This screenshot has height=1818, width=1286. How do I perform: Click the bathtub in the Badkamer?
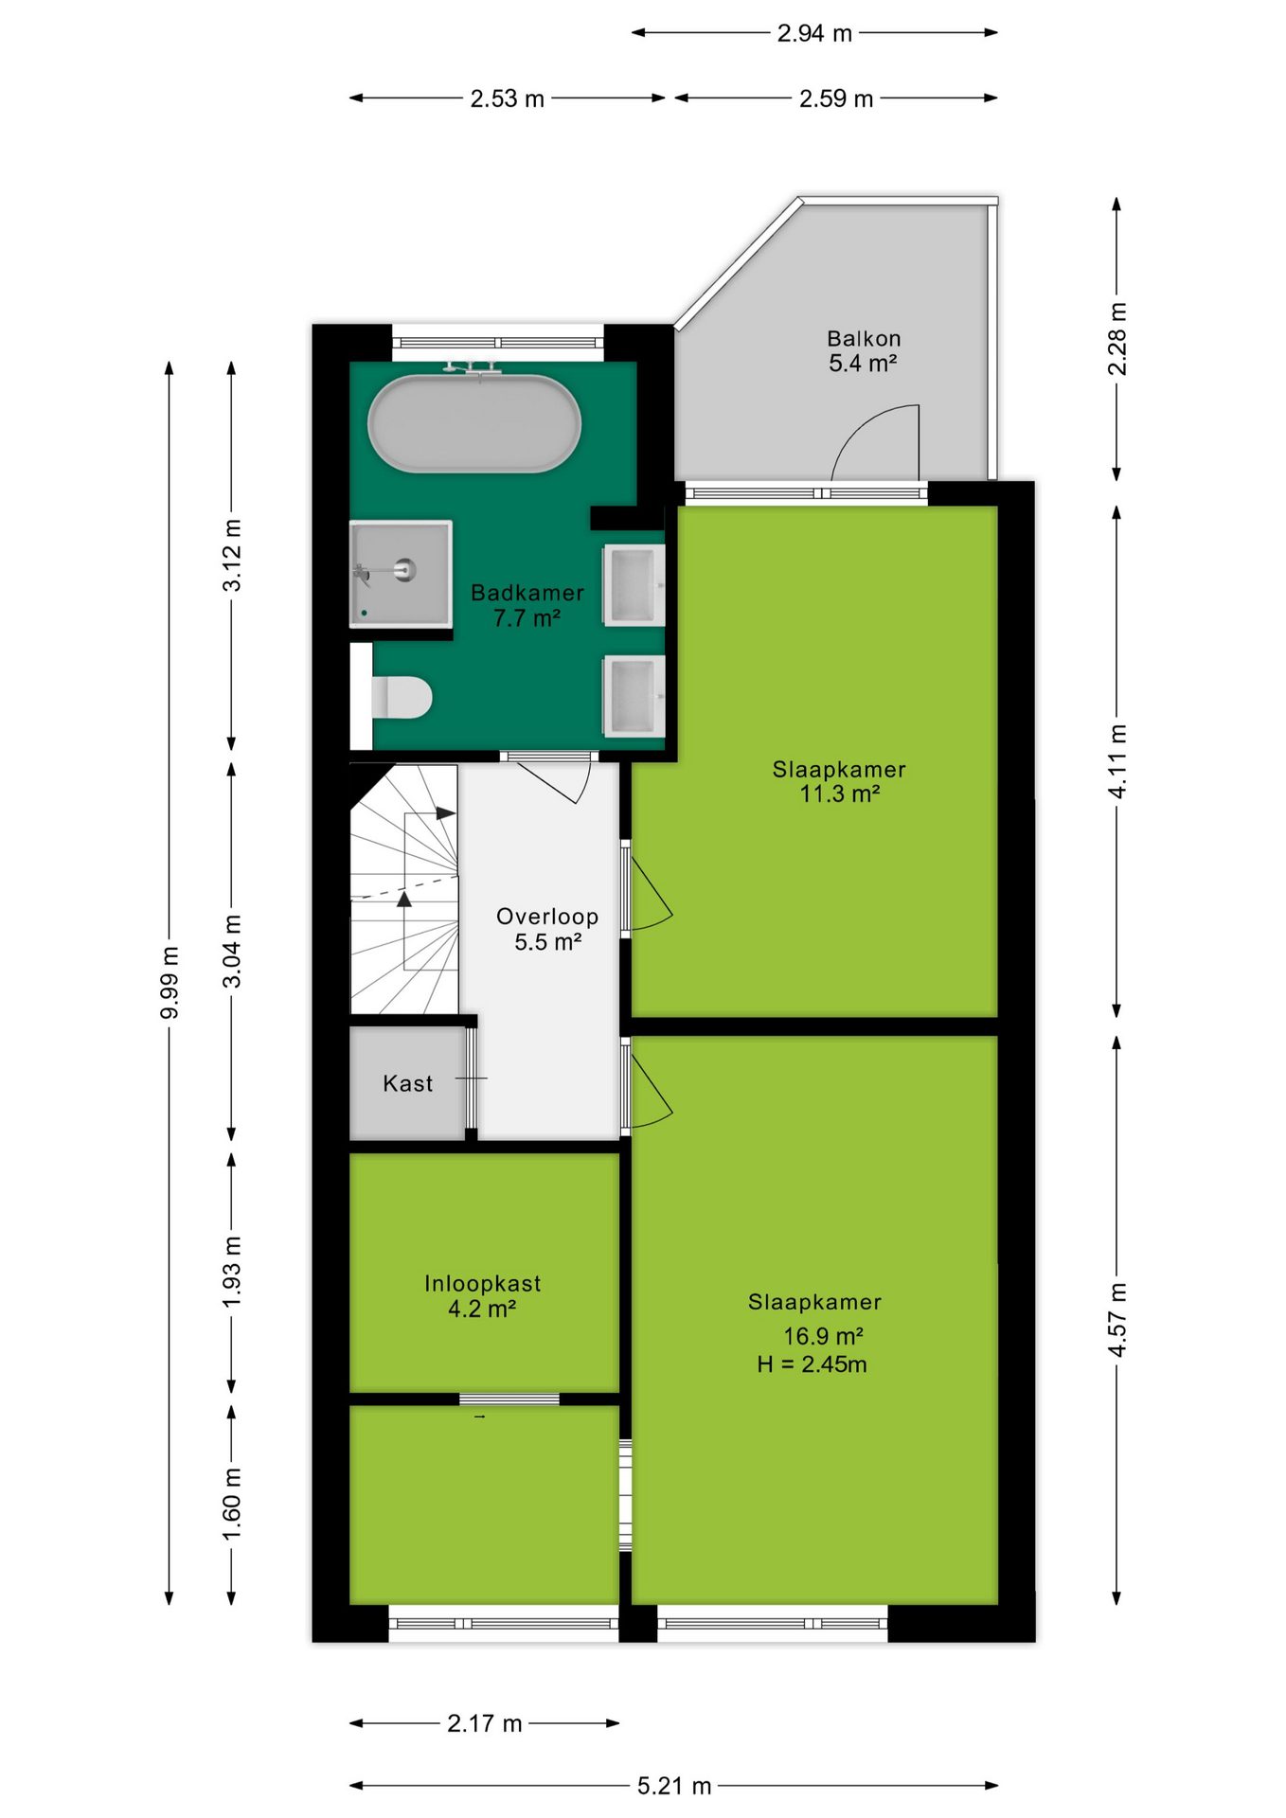(474, 423)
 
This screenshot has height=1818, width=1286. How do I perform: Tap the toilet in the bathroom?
(402, 697)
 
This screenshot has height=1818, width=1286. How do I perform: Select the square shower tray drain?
(405, 570)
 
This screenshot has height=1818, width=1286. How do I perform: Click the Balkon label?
(864, 338)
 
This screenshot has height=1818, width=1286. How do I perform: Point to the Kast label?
(408, 1083)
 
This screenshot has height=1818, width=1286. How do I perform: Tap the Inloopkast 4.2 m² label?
(483, 1296)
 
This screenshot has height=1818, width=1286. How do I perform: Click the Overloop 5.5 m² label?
(547, 929)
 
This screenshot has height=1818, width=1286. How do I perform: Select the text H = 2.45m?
(812, 1364)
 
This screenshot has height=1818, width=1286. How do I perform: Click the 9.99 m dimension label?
(170, 983)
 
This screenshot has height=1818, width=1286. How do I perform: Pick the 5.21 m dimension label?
(674, 1786)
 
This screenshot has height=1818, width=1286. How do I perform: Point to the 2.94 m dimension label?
(814, 33)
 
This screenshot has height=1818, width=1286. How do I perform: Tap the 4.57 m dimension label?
(1117, 1320)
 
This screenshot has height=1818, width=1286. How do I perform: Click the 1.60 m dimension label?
(232, 1504)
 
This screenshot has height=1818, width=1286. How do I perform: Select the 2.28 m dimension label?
(1117, 339)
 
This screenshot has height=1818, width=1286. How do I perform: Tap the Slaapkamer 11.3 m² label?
(839, 781)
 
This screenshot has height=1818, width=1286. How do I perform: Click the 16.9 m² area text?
(823, 1336)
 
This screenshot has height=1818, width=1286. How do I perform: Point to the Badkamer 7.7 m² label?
(527, 605)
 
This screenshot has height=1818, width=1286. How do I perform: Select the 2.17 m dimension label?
(485, 1723)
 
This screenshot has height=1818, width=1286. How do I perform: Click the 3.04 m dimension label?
(232, 952)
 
